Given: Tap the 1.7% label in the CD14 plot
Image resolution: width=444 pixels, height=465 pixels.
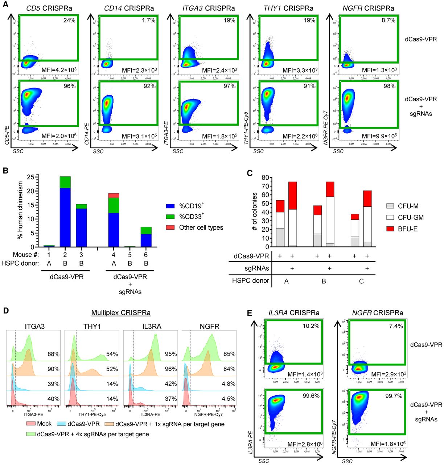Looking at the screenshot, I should click(x=148, y=20).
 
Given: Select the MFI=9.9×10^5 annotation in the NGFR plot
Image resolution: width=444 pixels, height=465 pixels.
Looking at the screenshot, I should click(x=379, y=136).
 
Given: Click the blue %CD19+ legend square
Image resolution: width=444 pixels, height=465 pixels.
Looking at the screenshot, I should click(x=170, y=206).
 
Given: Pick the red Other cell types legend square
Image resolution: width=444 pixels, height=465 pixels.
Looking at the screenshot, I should click(x=170, y=227).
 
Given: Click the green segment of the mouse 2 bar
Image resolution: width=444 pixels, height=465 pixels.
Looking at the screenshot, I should click(x=65, y=182).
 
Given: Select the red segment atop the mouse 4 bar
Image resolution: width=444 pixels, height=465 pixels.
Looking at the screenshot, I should click(x=114, y=195).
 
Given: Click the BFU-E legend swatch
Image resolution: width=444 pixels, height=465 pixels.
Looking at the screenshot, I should click(x=390, y=229).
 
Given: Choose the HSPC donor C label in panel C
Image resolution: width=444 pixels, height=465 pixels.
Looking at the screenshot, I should click(x=361, y=281).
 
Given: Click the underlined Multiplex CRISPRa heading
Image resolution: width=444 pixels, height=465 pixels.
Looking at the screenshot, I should click(x=121, y=313).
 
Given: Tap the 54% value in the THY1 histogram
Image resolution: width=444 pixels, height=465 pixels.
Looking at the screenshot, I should click(x=112, y=354).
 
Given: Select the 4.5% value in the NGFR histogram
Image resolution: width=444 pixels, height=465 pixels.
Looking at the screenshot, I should click(x=228, y=399).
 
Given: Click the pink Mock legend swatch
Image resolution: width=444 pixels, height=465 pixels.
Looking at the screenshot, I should click(x=30, y=424).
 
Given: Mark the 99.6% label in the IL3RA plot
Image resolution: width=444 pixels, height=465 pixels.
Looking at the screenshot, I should click(x=311, y=396).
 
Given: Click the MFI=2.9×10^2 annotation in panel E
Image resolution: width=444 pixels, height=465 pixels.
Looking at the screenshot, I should click(x=387, y=374).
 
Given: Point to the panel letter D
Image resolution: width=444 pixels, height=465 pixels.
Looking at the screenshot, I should click(x=5, y=311).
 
